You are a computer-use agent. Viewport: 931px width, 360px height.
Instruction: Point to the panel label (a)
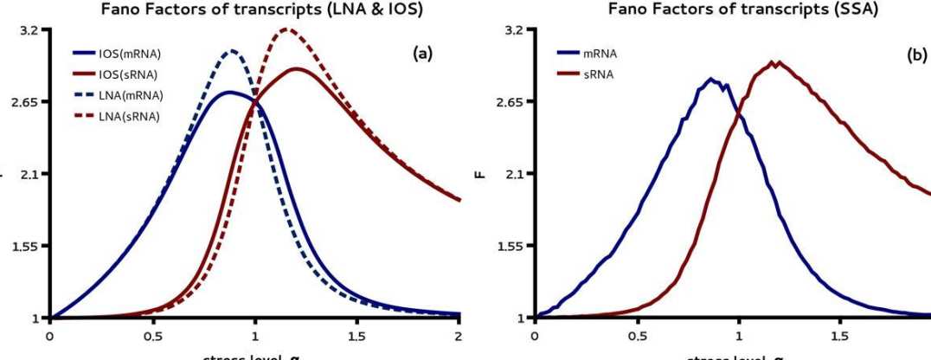pos(422,54)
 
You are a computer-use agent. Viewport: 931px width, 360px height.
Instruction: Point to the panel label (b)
pos(916,54)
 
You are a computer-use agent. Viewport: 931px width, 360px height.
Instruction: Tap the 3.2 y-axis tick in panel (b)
pos(517,29)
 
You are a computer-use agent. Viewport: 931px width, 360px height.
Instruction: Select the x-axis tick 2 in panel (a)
pos(459,335)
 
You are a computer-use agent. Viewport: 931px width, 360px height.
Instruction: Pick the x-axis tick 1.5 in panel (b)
pos(839,335)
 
